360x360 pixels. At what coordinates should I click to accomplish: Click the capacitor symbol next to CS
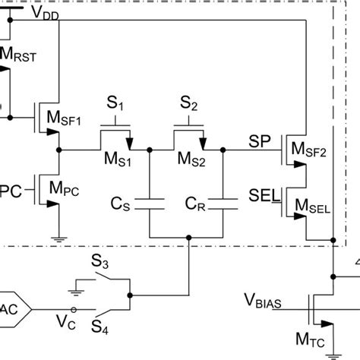150,202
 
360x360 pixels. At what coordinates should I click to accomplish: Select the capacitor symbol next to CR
223,202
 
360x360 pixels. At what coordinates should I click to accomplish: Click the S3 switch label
101,264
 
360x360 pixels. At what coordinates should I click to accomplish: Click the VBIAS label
261,302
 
